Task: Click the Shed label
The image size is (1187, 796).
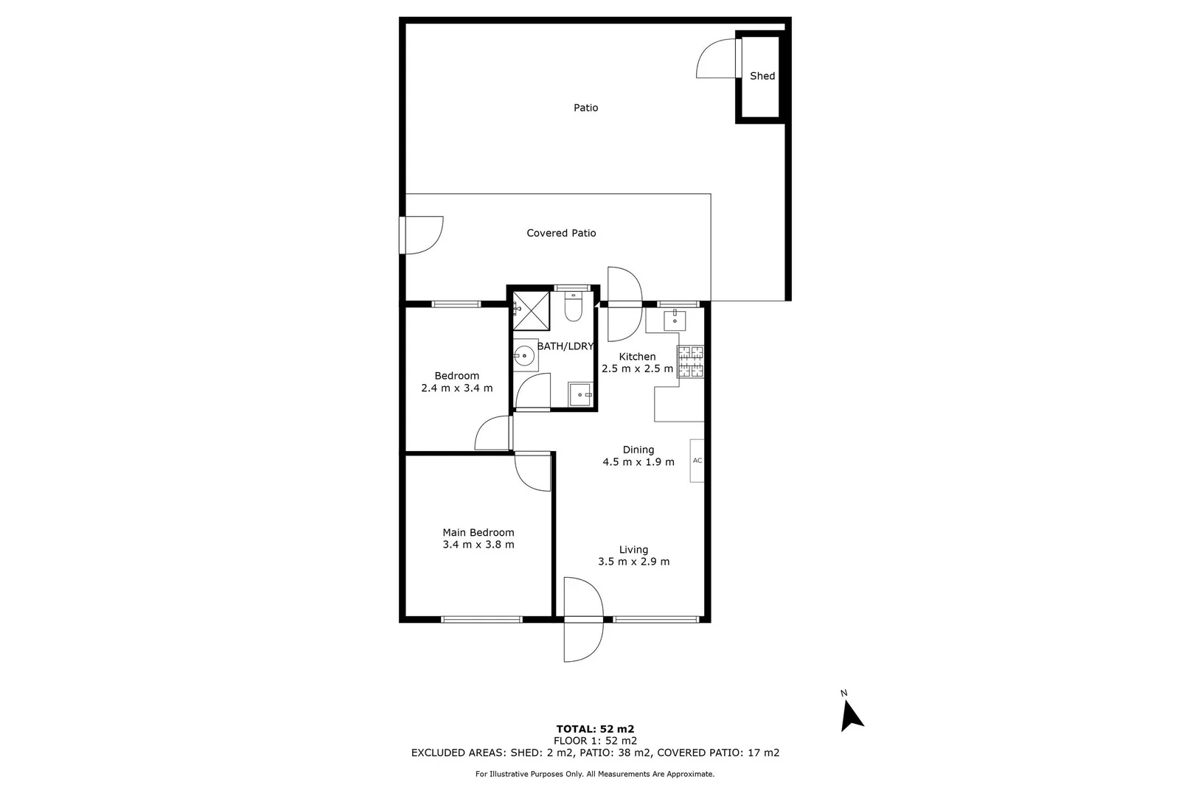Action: (762, 76)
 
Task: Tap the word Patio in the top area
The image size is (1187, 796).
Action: (585, 108)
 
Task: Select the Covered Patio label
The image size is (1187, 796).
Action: (561, 233)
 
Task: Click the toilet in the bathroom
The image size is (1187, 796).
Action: (574, 307)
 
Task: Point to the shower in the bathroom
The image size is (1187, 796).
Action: (531, 310)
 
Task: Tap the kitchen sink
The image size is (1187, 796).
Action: (675, 321)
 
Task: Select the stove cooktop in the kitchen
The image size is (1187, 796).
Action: (691, 362)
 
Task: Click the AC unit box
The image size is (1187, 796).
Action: (697, 461)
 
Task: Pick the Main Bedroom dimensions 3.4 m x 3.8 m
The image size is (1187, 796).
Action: (478, 545)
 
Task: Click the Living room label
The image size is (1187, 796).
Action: (633, 549)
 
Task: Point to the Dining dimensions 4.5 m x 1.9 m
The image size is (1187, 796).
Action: (638, 462)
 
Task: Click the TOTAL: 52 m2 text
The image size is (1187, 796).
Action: (595, 729)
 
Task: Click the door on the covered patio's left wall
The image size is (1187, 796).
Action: (422, 235)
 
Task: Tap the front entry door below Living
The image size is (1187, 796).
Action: (582, 619)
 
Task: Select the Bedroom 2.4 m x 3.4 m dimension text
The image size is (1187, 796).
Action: (457, 388)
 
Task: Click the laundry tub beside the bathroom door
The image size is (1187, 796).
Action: (580, 394)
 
